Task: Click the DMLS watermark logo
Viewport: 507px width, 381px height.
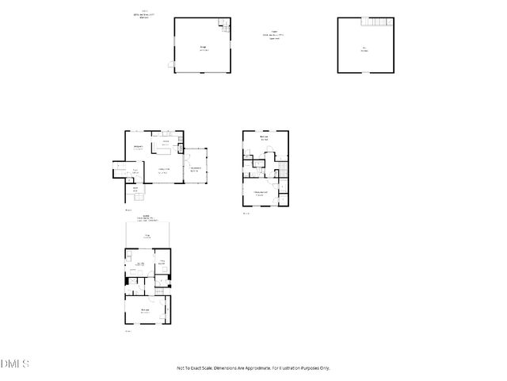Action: (15, 364)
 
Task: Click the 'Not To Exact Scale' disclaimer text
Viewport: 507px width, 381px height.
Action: (253, 368)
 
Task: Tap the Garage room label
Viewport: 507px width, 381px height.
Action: (203, 48)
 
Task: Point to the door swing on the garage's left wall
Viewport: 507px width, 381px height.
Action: (170, 63)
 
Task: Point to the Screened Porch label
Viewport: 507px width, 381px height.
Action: (194, 168)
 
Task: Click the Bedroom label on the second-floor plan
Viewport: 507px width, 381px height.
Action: (265, 139)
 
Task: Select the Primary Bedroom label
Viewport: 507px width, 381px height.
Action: (260, 193)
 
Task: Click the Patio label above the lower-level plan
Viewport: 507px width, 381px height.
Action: (147, 236)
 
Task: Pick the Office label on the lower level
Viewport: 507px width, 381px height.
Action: (161, 262)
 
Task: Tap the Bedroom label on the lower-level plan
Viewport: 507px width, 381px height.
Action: (146, 310)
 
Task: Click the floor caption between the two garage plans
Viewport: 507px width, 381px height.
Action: (275, 35)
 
